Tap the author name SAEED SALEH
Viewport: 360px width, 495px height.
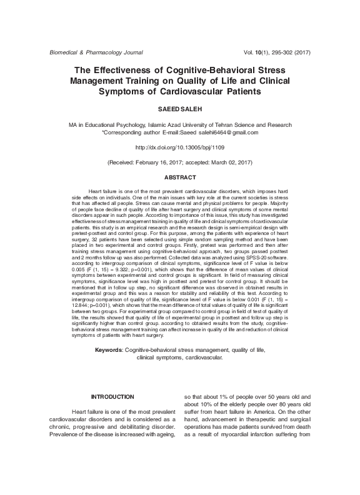pos(179,108)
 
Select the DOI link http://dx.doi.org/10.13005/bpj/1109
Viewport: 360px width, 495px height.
pos(179,147)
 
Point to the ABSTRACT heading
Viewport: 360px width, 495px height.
pos(179,177)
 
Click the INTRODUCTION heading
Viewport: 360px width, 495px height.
pos(112,397)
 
